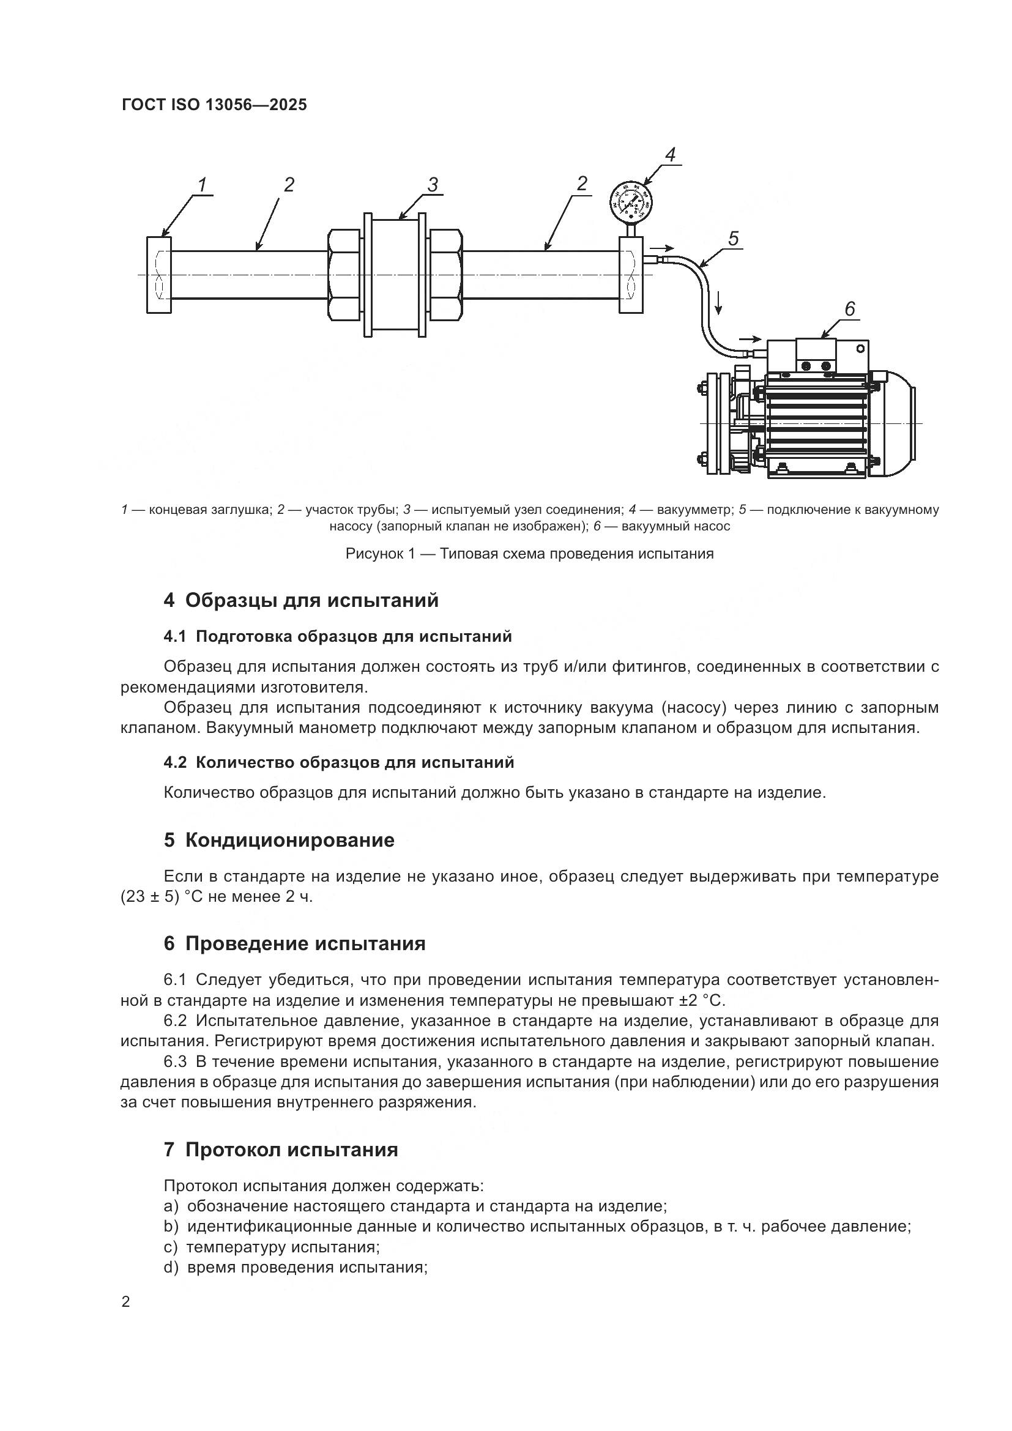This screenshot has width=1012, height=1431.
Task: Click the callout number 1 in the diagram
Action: (203, 185)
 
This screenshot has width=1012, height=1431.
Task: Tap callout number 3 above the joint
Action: (433, 185)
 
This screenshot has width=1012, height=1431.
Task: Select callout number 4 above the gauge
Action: (671, 155)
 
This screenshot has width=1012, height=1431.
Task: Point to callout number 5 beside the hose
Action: (733, 238)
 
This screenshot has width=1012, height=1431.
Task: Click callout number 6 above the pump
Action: (850, 309)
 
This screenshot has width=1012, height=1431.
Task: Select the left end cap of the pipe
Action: (159, 275)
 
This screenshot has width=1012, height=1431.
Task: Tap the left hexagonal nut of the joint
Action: (344, 275)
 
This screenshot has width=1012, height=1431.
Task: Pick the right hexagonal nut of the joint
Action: (445, 275)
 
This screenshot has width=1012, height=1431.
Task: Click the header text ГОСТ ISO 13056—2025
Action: (214, 105)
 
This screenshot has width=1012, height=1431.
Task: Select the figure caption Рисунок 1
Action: (529, 554)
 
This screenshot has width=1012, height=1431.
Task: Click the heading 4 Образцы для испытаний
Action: (301, 600)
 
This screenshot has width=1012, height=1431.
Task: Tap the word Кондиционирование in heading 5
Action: (290, 840)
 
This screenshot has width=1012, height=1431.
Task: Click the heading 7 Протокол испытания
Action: (280, 1150)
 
